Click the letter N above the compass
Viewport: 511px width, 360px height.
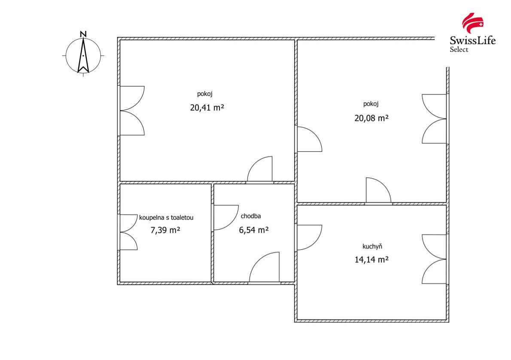(x=83, y=34)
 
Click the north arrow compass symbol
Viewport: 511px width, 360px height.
(x=83, y=55)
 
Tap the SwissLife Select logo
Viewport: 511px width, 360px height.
(x=472, y=33)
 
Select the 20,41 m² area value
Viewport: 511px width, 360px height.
(x=207, y=107)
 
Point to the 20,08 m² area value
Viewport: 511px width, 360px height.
(x=371, y=118)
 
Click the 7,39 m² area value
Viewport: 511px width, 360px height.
(x=165, y=230)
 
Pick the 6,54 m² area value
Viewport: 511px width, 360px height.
(x=254, y=230)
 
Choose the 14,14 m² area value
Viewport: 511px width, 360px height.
(x=371, y=259)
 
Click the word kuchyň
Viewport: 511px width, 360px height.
(x=372, y=247)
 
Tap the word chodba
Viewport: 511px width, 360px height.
(x=251, y=216)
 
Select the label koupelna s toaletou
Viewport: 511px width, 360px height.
(x=166, y=217)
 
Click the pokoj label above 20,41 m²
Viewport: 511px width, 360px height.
(x=205, y=94)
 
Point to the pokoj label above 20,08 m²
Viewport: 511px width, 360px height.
(x=371, y=104)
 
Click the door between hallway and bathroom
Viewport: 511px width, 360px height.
(x=225, y=217)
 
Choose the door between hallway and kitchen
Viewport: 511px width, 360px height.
(x=309, y=238)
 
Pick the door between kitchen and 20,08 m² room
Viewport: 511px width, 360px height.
(x=378, y=191)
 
